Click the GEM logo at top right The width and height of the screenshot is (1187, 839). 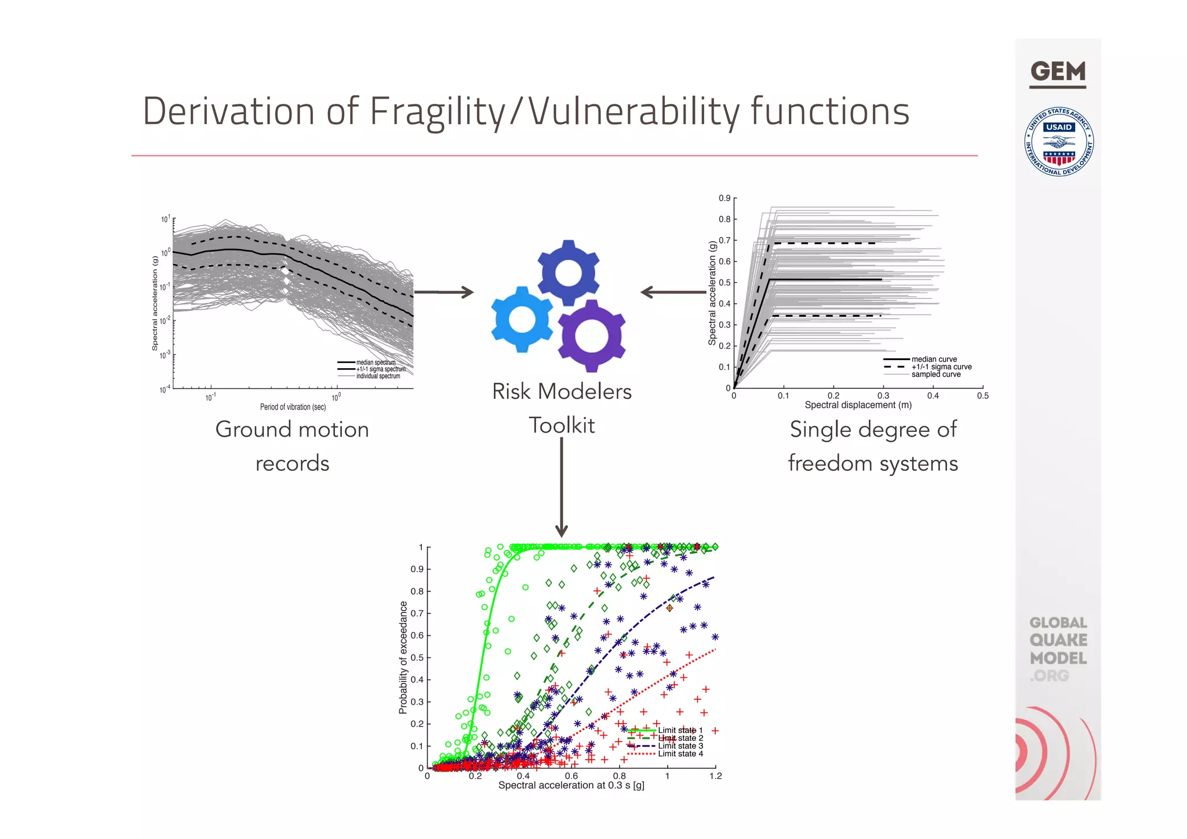1058,73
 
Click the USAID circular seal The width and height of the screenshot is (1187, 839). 1059,142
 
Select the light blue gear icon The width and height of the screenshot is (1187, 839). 522,319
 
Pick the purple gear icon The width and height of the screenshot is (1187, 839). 591,336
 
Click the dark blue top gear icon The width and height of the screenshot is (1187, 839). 568,273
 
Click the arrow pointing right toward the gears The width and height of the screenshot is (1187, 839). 444,292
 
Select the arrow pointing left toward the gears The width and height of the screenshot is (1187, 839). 672,292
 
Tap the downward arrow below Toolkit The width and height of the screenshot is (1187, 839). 561,487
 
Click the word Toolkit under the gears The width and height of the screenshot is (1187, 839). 562,426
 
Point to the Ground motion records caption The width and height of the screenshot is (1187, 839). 292,446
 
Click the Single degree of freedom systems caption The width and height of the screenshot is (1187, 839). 873,446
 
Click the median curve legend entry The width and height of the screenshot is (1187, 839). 934,359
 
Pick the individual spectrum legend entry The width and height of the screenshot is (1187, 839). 377,376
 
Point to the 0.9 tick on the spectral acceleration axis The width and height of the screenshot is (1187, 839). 724,198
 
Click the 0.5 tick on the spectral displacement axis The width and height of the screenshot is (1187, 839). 983,396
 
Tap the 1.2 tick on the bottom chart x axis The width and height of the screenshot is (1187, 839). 716,776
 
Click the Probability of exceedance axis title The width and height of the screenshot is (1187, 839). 403,657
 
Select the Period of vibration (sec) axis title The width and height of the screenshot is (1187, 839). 293,407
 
